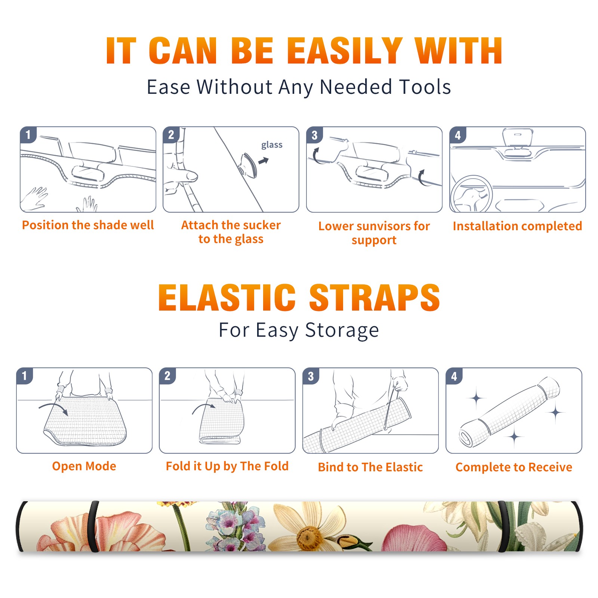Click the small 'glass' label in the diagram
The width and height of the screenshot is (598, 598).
pos(272,145)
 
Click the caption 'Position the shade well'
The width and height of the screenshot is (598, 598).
pos(88,225)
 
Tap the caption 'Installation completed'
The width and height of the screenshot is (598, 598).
pos(517,226)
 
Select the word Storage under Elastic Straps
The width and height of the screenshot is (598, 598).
pos(342,330)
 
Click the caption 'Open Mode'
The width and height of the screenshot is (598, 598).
pos(84,466)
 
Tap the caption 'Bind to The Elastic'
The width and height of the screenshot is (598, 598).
pos(370,467)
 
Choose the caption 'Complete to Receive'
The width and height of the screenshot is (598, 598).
pos(514,467)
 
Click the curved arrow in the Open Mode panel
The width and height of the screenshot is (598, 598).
pos(53,407)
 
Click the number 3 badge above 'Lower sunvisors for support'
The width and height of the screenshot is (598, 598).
pos(314,135)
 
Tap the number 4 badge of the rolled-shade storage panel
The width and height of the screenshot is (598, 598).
pos(454,376)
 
